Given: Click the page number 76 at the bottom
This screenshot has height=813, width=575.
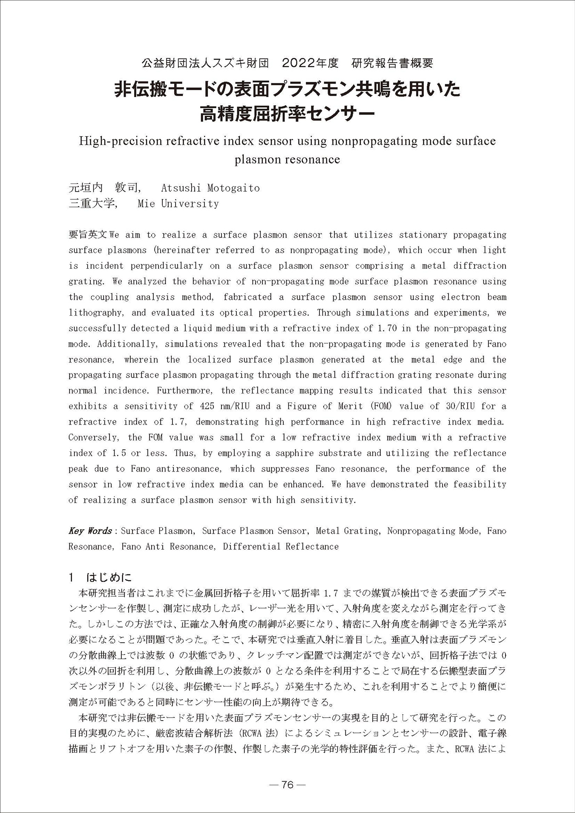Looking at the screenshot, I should tap(287, 784).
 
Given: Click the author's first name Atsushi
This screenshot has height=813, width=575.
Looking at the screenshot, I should tap(181, 188).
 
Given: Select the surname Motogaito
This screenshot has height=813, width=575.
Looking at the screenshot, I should tap(233, 188).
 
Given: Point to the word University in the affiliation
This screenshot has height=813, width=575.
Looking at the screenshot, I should tap(190, 204).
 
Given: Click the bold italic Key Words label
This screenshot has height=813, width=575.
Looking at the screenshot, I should tap(90, 531).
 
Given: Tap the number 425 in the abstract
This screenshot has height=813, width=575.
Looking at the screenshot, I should tap(208, 406).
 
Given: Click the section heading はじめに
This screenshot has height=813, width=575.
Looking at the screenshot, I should tap(109, 577).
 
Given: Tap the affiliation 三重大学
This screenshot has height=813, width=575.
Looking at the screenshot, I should tap(92, 204).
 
